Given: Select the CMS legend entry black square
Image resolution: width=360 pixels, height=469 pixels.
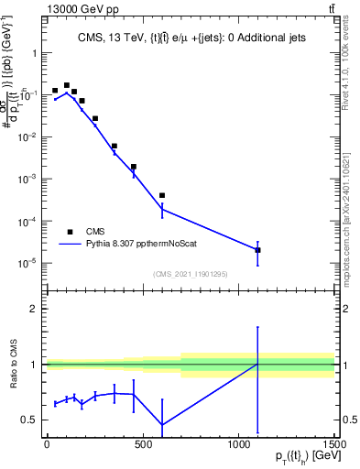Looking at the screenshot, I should [x=69, y=232].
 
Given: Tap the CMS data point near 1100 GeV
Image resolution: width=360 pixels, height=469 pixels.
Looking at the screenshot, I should [x=257, y=250].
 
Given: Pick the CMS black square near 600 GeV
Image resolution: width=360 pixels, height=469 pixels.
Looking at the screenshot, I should [x=162, y=195].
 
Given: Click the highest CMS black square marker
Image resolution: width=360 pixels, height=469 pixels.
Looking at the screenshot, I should [x=66, y=85].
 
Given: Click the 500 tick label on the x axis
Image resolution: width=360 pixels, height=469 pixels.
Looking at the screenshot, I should [x=142, y=446].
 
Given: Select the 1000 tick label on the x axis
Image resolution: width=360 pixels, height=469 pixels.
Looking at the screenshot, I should [x=238, y=446].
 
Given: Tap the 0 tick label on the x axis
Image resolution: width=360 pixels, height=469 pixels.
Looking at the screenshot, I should [x=46, y=446].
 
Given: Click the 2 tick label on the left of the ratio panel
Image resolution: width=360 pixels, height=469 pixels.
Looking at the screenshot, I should [x=32, y=309].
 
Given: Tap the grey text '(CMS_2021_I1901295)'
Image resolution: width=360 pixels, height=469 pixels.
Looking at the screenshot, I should [x=190, y=274].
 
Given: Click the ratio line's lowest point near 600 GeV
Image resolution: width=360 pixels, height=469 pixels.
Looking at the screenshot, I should [x=162, y=425].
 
